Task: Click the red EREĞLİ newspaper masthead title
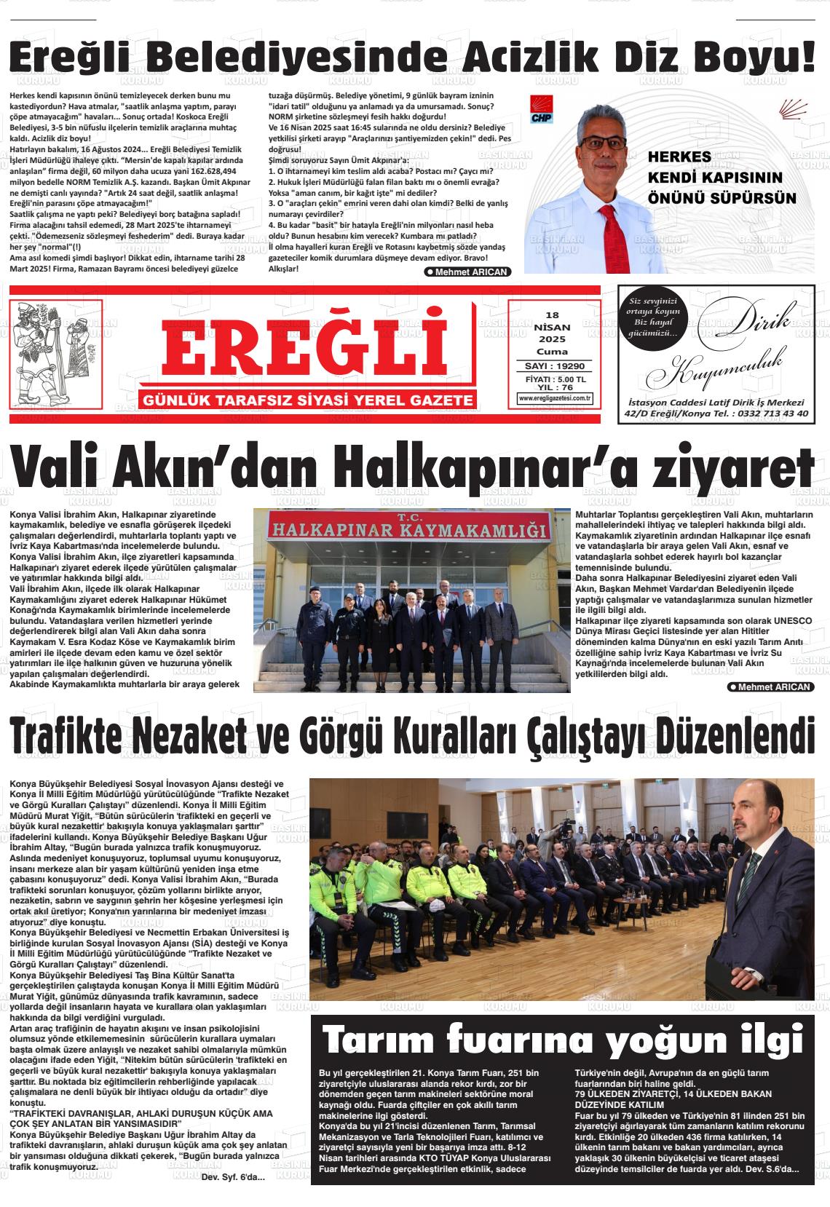click(x=304, y=346)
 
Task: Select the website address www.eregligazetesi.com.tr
click(x=555, y=398)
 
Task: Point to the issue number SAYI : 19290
click(x=555, y=366)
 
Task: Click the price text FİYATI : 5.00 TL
click(x=555, y=379)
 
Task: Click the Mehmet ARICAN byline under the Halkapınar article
click(x=771, y=687)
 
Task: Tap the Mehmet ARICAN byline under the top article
click(x=467, y=272)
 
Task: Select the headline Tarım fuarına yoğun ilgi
click(x=562, y=1037)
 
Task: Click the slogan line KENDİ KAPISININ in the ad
click(x=704, y=178)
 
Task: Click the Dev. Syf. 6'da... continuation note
click(x=233, y=1177)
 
